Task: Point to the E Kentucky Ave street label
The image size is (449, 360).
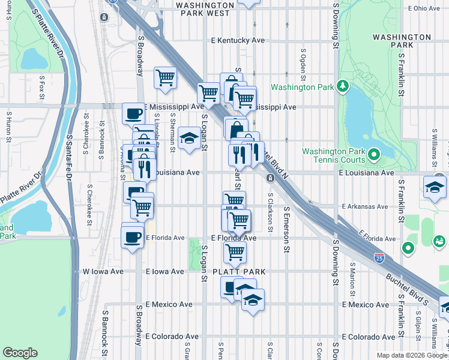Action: (237, 41)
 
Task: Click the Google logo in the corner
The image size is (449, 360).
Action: (20, 352)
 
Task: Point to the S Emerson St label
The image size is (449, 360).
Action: (286, 229)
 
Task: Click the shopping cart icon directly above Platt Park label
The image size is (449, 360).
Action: (235, 251)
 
